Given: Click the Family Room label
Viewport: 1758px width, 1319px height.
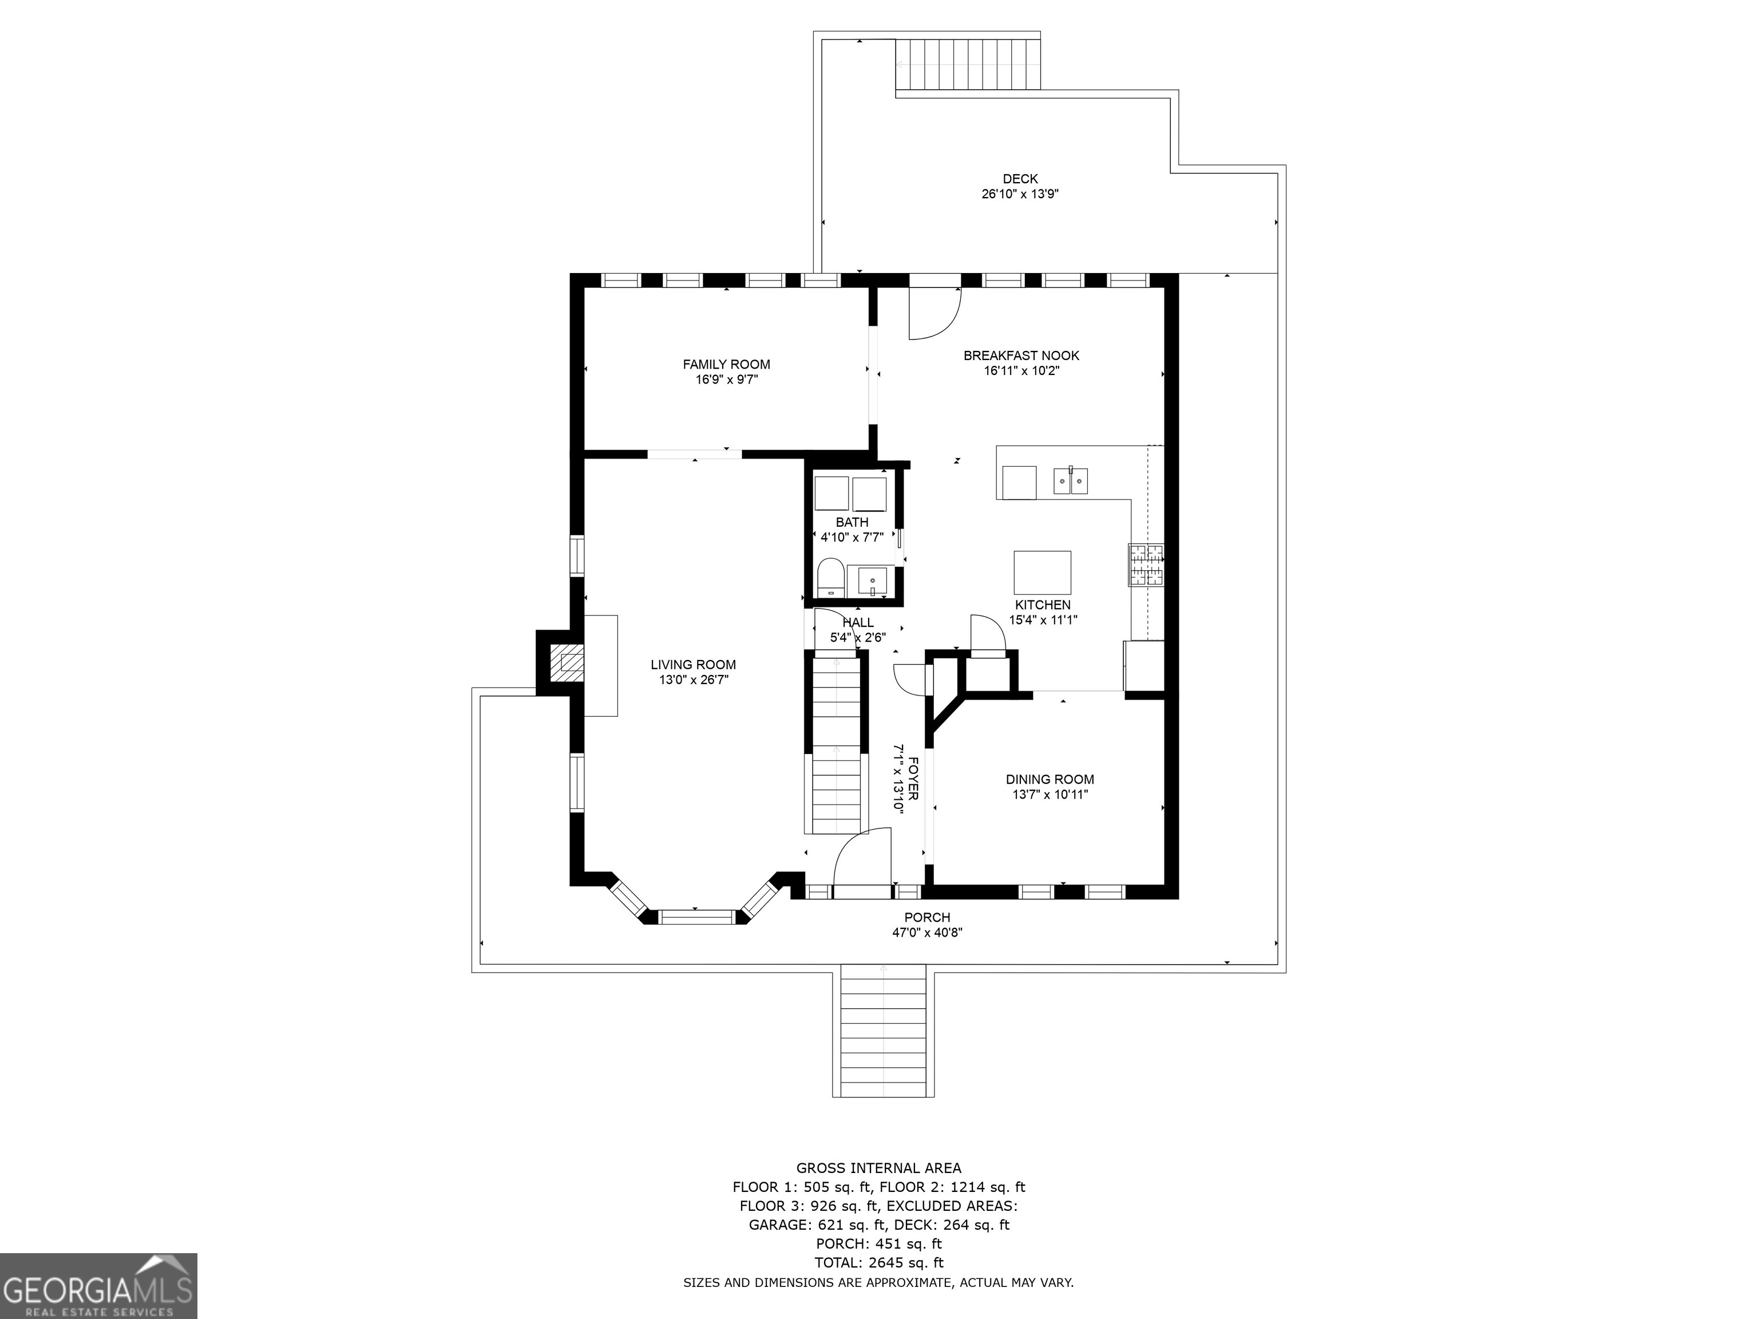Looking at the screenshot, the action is click(726, 364).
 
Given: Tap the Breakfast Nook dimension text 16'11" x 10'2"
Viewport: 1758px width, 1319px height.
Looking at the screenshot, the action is click(1021, 370).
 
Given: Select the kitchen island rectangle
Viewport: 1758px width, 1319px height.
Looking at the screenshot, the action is click(1042, 572).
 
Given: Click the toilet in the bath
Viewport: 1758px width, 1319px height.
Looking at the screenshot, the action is click(830, 577).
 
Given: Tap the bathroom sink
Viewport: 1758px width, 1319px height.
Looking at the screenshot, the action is click(872, 581).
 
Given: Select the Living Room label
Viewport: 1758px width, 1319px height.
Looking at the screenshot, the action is click(693, 665).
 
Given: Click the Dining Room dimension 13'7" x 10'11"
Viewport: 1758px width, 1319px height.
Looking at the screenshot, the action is click(1050, 794).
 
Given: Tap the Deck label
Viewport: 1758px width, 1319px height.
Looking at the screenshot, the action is click(1020, 179).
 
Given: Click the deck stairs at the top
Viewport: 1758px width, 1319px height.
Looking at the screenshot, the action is click(968, 64).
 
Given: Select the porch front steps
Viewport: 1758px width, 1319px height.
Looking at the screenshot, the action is click(884, 1030).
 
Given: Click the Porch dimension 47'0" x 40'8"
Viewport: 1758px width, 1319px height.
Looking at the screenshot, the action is click(926, 933).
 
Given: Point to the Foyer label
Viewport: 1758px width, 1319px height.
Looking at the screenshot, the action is click(914, 779).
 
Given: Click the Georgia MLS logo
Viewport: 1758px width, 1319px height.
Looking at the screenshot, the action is click(98, 1286).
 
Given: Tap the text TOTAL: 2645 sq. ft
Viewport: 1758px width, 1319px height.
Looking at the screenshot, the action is click(879, 1262).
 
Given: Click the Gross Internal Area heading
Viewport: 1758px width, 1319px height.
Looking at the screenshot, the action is click(879, 1168).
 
